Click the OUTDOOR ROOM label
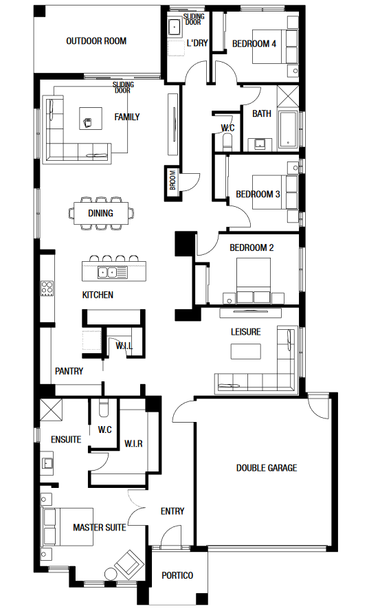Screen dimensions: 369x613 (96, 41)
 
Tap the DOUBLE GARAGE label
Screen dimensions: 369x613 (267, 468)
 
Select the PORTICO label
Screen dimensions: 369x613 (177, 575)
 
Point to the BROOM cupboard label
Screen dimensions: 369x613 (173, 180)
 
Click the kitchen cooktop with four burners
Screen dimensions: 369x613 (47, 289)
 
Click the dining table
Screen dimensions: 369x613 (101, 213)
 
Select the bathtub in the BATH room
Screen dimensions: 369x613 (289, 131)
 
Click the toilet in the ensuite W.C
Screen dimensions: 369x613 (104, 408)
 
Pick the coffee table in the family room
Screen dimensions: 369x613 (91, 119)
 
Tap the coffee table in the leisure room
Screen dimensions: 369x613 (245, 351)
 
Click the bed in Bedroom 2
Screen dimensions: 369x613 (254, 280)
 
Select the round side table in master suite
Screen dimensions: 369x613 (111, 574)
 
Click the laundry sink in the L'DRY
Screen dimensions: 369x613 (175, 28)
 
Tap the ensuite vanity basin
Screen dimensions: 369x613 (47, 463)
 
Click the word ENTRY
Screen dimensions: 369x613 (172, 511)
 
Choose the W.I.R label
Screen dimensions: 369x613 (133, 444)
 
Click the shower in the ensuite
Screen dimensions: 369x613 (52, 409)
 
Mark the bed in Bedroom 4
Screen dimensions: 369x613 (275, 47)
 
